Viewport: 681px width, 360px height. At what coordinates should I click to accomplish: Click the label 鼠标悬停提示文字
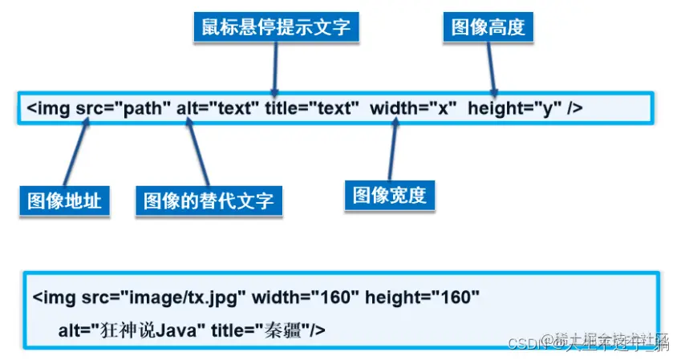275,26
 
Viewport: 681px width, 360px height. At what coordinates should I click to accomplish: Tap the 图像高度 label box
488,26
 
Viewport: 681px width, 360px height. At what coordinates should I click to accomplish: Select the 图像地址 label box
64,200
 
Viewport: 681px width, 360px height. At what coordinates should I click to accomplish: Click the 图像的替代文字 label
209,200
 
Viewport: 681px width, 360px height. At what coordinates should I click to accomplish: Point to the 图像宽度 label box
390,195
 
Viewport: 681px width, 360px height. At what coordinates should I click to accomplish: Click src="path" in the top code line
124,108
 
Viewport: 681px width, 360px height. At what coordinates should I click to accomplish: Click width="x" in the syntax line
413,108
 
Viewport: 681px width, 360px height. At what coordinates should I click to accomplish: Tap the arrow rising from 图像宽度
392,148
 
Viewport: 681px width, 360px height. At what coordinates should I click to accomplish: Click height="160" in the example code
422,298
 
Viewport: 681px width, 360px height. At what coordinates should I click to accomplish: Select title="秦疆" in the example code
269,330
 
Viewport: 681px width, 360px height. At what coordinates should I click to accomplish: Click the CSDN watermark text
526,343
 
